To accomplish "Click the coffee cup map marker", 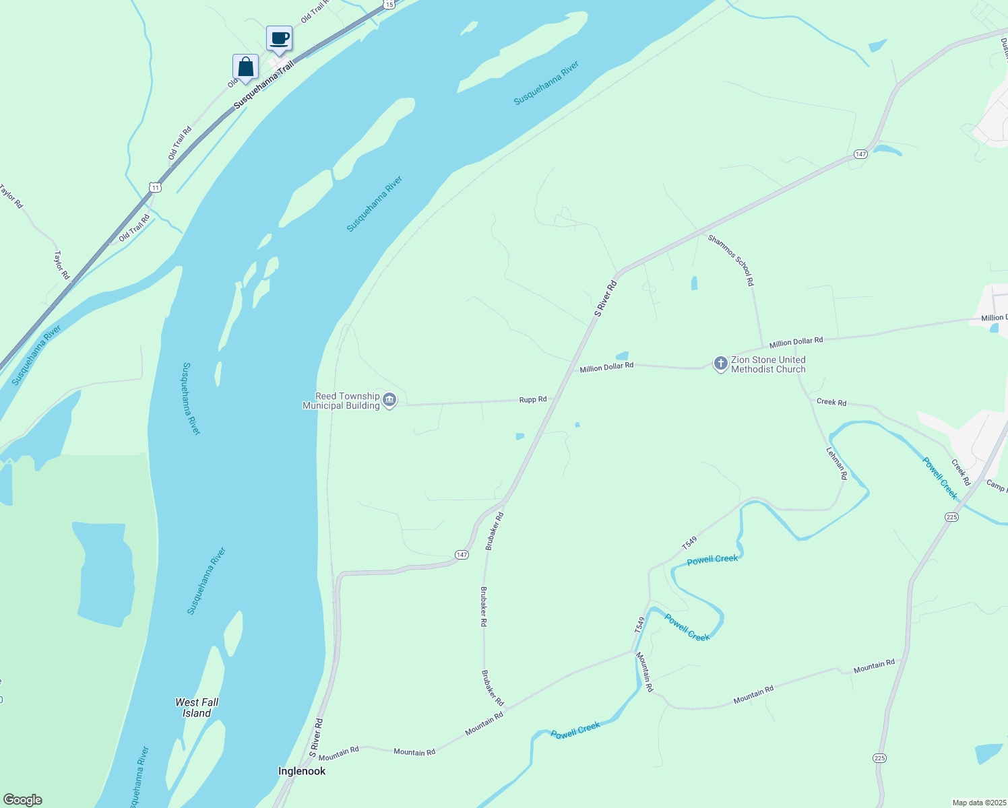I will click(279, 39).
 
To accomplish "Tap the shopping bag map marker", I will click(245, 67).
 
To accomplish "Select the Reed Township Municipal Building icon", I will click(389, 401).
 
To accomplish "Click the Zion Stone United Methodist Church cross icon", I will click(720, 364).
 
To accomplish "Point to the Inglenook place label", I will click(302, 771).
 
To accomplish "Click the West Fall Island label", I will click(197, 708).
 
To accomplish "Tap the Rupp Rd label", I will click(533, 399).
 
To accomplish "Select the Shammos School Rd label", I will click(730, 260).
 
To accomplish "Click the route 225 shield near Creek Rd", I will click(951, 516).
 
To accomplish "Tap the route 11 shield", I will click(156, 187).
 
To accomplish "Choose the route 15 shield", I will click(389, 4).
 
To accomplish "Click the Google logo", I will click(22, 800).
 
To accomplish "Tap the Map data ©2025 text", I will click(978, 803).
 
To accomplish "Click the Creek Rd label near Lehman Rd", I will click(831, 402).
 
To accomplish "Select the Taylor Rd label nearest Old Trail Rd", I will click(61, 265).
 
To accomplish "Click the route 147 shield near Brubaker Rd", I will click(461, 555).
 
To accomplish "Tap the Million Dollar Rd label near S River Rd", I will click(606, 367).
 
